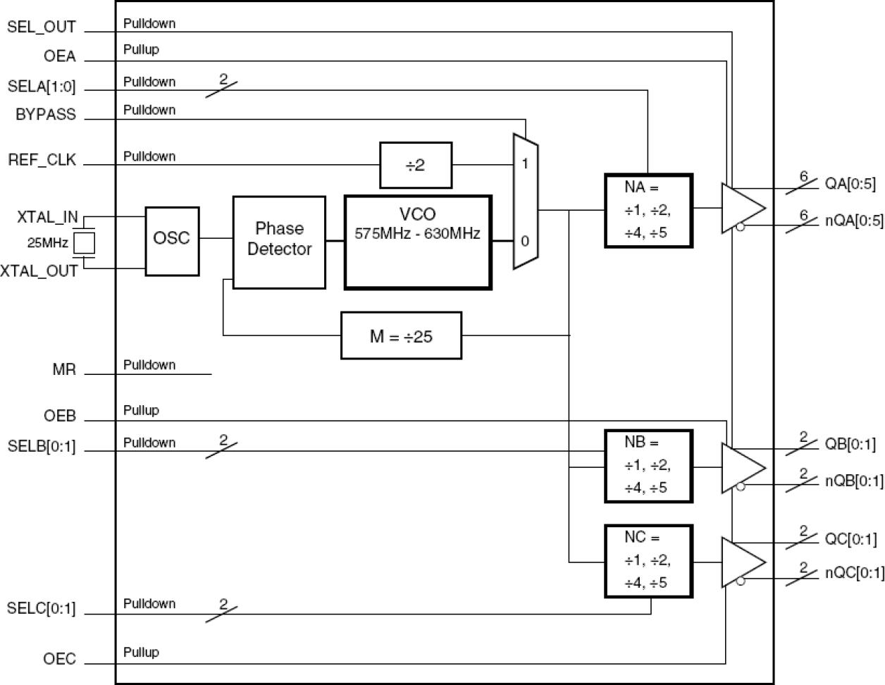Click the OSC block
tap(172, 241)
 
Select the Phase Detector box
tap(279, 242)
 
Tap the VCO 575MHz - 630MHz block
tap(417, 242)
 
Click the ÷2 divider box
tap(415, 166)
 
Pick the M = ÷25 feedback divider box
tap(401, 336)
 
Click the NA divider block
tap(648, 210)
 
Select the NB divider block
tap(648, 466)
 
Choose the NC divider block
tap(648, 561)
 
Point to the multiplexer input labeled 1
tap(524, 163)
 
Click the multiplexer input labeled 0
tap(524, 241)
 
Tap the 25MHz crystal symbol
tap(85, 243)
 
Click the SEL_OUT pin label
tap(41, 28)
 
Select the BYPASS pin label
tap(45, 115)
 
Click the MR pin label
tap(63, 369)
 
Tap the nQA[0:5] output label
tap(854, 221)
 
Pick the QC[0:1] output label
tap(850, 540)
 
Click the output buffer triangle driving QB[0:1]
tap(742, 467)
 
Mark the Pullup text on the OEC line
tap(141, 652)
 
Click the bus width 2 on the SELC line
tap(223, 604)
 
